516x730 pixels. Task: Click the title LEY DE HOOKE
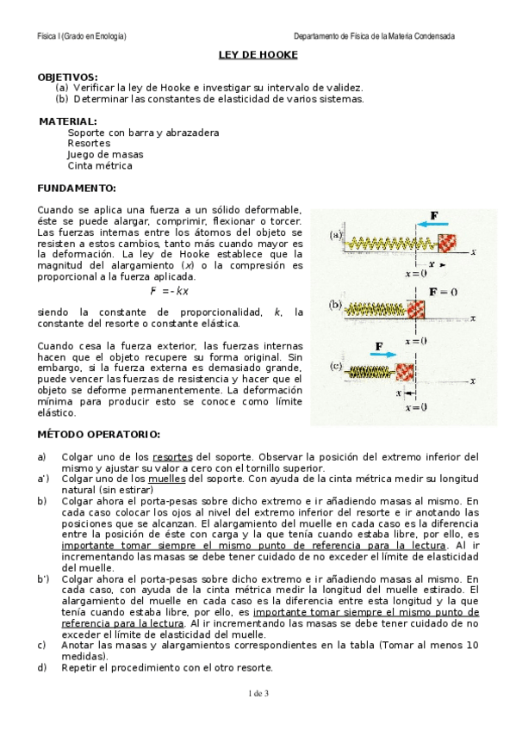coord(258,55)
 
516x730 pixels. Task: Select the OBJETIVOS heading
coord(68,77)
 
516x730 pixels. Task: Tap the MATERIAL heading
coord(68,122)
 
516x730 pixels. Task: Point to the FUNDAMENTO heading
coord(77,188)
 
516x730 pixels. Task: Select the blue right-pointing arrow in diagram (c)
coord(380,353)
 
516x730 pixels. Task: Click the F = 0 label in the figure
coord(442,291)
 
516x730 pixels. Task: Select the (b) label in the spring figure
coord(334,305)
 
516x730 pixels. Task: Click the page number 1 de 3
coord(258,693)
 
